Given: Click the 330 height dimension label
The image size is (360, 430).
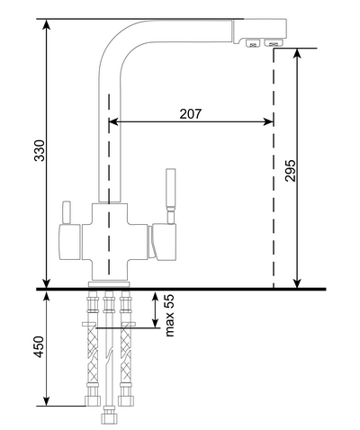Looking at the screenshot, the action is [x=40, y=150].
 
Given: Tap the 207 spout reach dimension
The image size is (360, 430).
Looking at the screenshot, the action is [x=191, y=114].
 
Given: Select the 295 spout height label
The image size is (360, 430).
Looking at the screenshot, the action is [x=291, y=171].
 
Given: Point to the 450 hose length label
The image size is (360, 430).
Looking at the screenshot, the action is [x=40, y=346].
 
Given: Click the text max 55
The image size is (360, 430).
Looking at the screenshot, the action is [x=169, y=316].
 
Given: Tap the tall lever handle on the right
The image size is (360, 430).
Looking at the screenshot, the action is [x=171, y=196].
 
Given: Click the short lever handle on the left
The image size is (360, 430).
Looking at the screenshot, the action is [x=66, y=213].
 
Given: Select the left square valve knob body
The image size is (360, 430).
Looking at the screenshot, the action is [x=70, y=242].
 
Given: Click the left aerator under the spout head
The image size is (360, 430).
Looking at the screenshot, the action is [x=253, y=43].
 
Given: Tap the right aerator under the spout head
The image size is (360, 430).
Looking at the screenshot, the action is [x=274, y=43].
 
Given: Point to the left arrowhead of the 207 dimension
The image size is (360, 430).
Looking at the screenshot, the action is [x=113, y=121].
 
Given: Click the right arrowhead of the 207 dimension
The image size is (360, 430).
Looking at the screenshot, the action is [x=268, y=121].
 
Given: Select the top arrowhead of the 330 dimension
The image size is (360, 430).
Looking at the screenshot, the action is [x=46, y=24].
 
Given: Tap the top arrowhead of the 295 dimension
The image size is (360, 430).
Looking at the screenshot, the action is [x=297, y=53].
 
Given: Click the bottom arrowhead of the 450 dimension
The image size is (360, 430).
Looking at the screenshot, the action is [x=46, y=401].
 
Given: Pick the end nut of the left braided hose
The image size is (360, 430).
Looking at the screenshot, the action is [x=93, y=400].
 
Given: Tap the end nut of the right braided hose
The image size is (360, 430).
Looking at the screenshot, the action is [x=125, y=400].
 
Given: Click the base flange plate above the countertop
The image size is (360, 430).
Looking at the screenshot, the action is [x=109, y=284].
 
